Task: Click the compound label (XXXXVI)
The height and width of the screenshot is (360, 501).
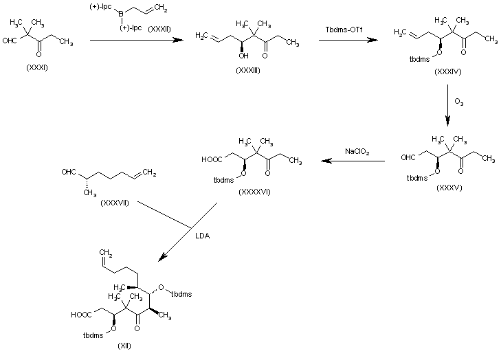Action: click(254, 191)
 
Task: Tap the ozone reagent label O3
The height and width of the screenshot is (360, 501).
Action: click(458, 102)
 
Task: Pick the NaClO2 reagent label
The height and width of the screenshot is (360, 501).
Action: click(357, 151)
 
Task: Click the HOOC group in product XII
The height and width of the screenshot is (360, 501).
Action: click(80, 315)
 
